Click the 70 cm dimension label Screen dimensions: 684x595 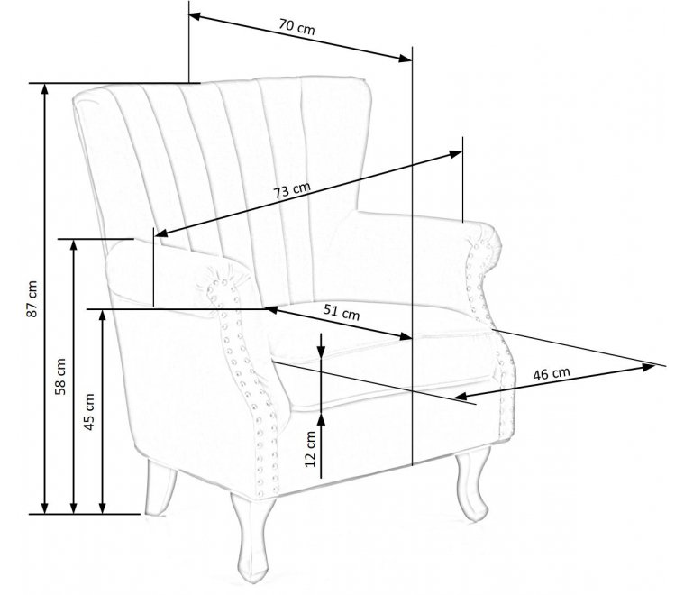pyautogui.click(x=296, y=27)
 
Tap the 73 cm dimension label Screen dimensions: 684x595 pyautogui.click(x=292, y=190)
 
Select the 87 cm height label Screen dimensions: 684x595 pyautogui.click(x=32, y=298)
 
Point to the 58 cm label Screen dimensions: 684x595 pyautogui.click(x=60, y=376)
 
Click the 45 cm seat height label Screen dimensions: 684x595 pyautogui.click(x=89, y=412)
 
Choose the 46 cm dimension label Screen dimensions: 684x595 pyautogui.click(x=552, y=373)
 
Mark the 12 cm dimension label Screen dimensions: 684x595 pyautogui.click(x=310, y=449)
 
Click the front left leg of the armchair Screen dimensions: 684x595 pyautogui.click(x=252, y=537)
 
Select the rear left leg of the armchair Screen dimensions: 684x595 pyautogui.click(x=160, y=488)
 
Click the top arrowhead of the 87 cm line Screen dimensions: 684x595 pyautogui.click(x=44, y=88)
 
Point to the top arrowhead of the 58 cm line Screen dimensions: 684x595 pyautogui.click(x=73, y=245)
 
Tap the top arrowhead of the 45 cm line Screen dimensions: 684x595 pyautogui.click(x=102, y=315)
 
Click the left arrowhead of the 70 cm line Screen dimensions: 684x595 pyautogui.click(x=195, y=16)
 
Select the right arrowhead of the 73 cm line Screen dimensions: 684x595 pyautogui.click(x=456, y=154)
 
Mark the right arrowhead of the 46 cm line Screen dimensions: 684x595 pyautogui.click(x=649, y=367)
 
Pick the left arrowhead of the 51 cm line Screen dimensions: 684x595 pyautogui.click(x=271, y=310)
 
